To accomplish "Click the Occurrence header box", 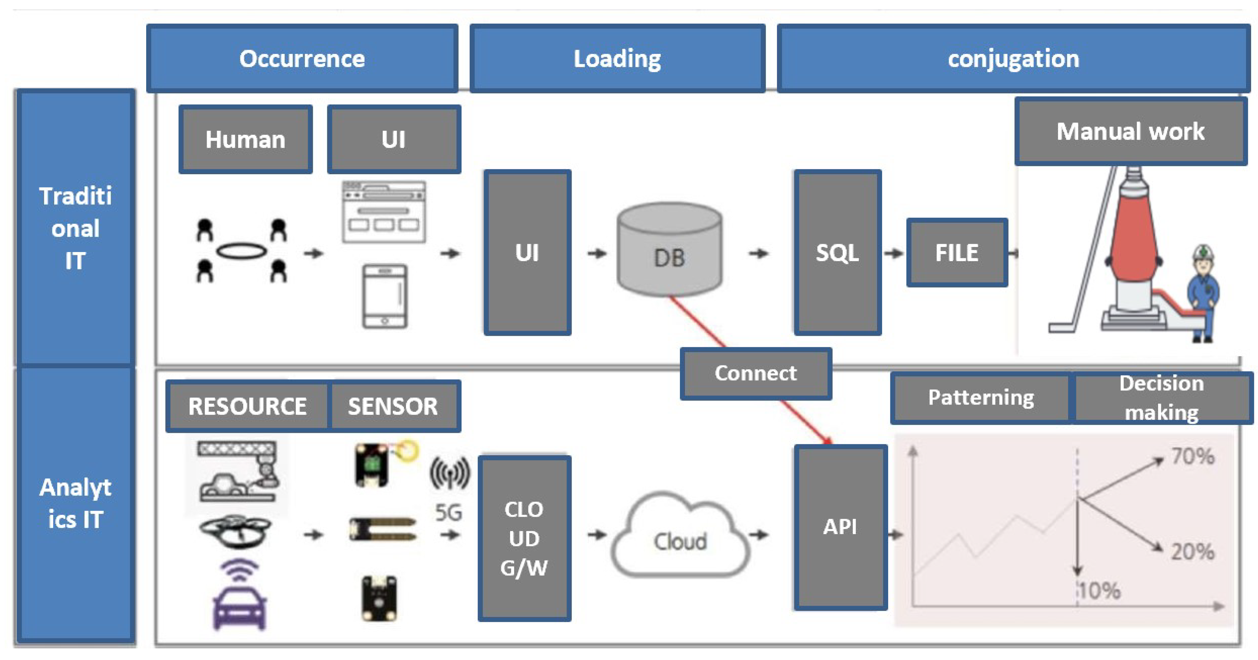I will [x=302, y=59].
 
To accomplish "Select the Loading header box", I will [x=617, y=59].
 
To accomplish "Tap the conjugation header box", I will [x=1013, y=59].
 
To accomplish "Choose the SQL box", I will [x=837, y=252].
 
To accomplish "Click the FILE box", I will [x=957, y=252].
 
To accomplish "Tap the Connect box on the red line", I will [x=755, y=373].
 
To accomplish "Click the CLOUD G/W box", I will [x=524, y=538].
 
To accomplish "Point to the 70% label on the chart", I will [x=1192, y=456].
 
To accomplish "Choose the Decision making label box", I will [x=1161, y=397].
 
